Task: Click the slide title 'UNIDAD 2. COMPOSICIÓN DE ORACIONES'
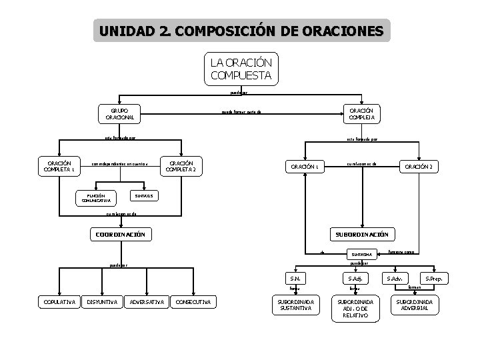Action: click(241, 31)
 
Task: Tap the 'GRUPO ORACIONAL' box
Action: click(120, 113)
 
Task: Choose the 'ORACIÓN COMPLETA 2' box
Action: click(182, 167)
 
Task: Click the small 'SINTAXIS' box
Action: click(143, 197)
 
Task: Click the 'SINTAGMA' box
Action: click(362, 254)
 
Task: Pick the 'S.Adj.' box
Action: click(353, 278)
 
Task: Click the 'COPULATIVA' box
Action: click(57, 303)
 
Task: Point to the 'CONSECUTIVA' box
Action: click(193, 303)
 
